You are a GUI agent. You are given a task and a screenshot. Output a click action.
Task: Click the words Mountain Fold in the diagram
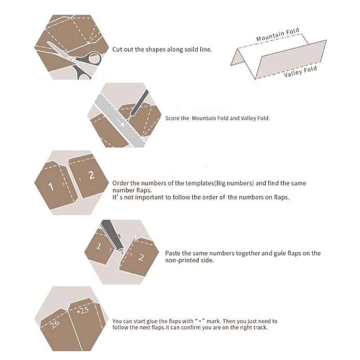278,35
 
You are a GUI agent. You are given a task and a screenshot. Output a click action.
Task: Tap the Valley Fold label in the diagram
300,71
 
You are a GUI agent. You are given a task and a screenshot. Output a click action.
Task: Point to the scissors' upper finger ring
94,58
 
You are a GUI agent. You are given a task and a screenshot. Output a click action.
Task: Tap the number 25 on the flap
83,310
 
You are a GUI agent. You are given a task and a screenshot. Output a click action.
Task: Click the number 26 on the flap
54,324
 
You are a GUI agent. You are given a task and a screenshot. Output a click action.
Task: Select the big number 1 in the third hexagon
51,186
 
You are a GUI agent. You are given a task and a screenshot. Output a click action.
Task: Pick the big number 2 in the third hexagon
92,175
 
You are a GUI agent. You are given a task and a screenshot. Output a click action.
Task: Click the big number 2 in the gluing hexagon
141,257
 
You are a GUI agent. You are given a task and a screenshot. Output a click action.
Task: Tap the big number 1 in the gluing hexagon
99,246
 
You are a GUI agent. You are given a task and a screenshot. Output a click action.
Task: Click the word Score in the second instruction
172,118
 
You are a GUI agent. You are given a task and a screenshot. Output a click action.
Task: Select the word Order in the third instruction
120,183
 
